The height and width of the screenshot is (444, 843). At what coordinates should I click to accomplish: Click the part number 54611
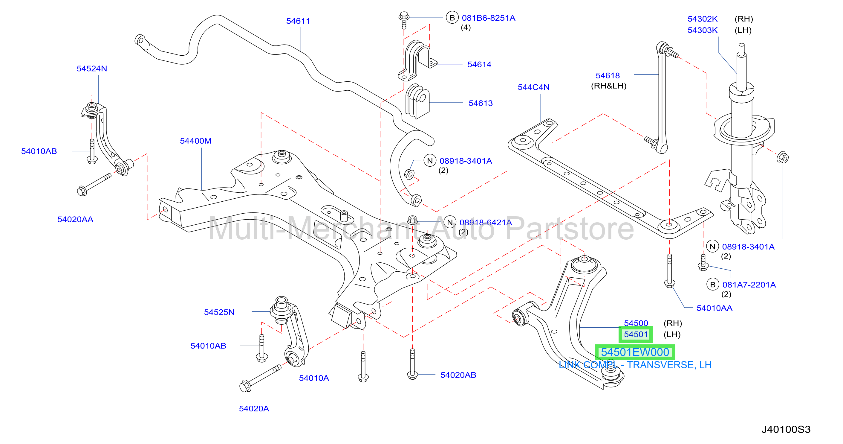pos(298,21)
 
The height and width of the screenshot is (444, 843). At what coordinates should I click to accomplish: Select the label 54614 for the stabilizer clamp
pos(479,65)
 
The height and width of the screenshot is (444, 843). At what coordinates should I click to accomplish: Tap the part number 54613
pos(481,103)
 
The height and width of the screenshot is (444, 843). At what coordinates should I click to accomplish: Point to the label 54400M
pos(196,141)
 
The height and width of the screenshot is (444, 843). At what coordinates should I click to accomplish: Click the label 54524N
pos(92,69)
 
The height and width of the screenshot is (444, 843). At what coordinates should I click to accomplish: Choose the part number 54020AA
pos(75,219)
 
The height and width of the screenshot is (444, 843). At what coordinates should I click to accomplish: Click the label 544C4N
pos(533,87)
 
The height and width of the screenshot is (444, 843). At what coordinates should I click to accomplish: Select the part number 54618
pos(608,76)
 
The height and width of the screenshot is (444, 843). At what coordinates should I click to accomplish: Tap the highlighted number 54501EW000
pos(635,352)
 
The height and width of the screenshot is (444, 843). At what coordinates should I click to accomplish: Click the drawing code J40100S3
pos(786,429)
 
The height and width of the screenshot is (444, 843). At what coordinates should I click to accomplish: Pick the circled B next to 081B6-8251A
pos(452,18)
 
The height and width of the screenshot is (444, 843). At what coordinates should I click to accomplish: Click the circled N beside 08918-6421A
pos(450,222)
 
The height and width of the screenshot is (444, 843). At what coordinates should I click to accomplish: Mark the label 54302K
pos(702,19)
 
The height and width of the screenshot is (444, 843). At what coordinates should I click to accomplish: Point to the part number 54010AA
pos(715,308)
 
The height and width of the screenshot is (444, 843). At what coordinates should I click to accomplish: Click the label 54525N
pos(219,312)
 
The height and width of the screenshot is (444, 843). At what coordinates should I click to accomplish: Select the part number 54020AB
pos(458,375)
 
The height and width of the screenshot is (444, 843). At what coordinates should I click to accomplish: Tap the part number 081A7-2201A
pos(749,285)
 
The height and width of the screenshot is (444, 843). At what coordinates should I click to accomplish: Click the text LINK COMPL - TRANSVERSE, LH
pos(635,365)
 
